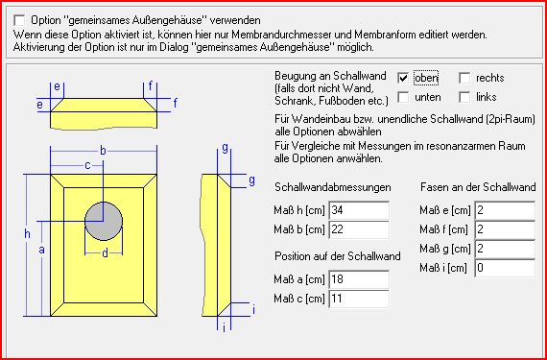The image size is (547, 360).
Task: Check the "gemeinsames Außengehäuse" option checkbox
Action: pyautogui.click(x=19, y=20)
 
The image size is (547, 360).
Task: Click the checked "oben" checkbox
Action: pyautogui.click(x=403, y=78)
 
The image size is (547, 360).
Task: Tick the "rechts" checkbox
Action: pyautogui.click(x=464, y=78)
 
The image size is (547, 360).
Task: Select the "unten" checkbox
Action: pyautogui.click(x=403, y=97)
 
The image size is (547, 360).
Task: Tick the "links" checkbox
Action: pyautogui.click(x=464, y=97)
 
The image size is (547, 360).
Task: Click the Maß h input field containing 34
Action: pyautogui.click(x=359, y=210)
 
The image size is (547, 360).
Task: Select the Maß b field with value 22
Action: pyautogui.click(x=359, y=229)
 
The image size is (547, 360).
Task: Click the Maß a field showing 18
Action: pyautogui.click(x=359, y=279)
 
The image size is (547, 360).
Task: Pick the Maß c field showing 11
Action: pyautogui.click(x=359, y=299)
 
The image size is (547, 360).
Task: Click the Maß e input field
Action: pyautogui.click(x=505, y=210)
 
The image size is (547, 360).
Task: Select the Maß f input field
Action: pyautogui.click(x=505, y=229)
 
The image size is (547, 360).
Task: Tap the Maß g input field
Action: pyautogui.click(x=505, y=249)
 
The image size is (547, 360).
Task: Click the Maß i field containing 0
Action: pyautogui.click(x=505, y=268)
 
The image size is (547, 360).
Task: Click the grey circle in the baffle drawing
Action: pyautogui.click(x=104, y=221)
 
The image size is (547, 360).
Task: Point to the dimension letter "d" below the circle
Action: pyautogui.click(x=105, y=254)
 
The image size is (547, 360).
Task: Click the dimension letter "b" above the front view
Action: pyautogui.click(x=104, y=151)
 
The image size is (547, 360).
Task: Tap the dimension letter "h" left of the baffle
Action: pyautogui.click(x=27, y=234)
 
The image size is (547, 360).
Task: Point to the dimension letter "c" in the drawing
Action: pyautogui.click(x=88, y=165)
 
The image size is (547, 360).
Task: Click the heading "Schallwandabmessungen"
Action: pyautogui.click(x=333, y=187)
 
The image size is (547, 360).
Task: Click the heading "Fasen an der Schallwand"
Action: pyautogui.click(x=478, y=187)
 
